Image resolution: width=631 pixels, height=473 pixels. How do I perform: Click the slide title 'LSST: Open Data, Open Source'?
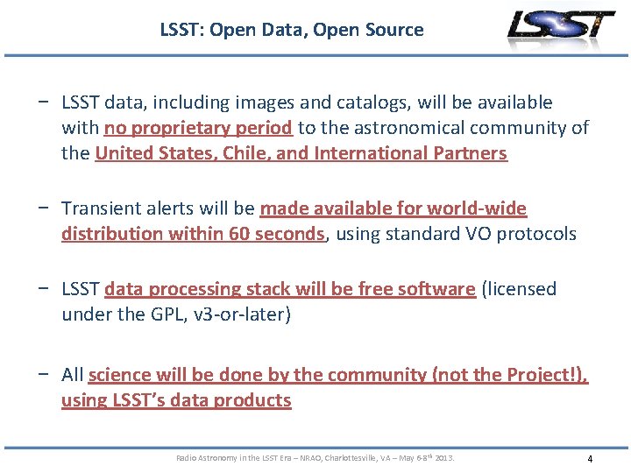click(x=291, y=30)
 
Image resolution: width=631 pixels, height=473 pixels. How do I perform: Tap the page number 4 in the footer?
click(x=590, y=459)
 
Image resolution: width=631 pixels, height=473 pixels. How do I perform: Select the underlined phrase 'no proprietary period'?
click(x=198, y=128)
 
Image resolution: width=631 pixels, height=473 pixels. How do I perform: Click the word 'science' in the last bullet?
click(x=120, y=375)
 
